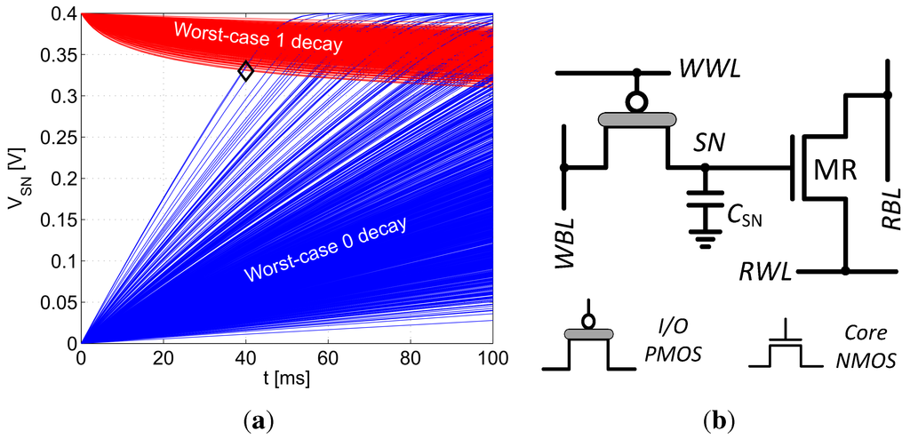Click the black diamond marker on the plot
(246, 71)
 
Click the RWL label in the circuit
(767, 271)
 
